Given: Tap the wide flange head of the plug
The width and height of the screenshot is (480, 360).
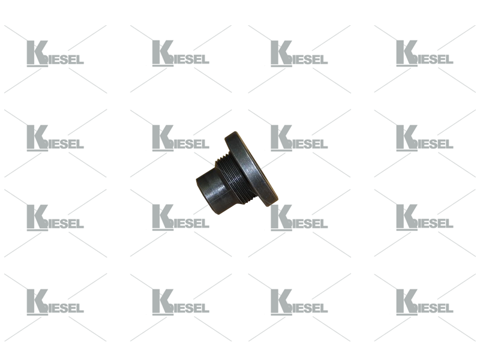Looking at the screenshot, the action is pyautogui.click(x=251, y=169).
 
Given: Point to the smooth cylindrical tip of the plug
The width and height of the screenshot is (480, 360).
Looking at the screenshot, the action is pyautogui.click(x=211, y=191).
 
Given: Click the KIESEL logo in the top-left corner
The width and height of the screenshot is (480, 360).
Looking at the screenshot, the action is pyautogui.click(x=55, y=53).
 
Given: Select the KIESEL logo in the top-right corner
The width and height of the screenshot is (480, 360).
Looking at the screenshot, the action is pyautogui.click(x=425, y=53).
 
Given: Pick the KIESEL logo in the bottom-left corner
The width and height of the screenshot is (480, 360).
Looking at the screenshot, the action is pyautogui.click(x=55, y=302).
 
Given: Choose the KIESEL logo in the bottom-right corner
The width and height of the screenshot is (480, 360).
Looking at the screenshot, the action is pyautogui.click(x=425, y=302).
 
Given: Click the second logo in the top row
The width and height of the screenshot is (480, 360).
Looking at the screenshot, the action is pyautogui.click(x=181, y=53).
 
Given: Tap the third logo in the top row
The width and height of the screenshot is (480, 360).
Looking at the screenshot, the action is pyautogui.click(x=299, y=53).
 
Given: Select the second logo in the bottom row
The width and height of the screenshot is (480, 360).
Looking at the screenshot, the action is pyautogui.click(x=181, y=302).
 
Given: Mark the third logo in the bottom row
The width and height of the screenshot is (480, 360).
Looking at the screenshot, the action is pyautogui.click(x=299, y=302).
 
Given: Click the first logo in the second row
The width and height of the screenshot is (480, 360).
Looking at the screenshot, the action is pyautogui.click(x=55, y=138).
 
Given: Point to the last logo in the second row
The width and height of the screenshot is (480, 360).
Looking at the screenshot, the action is pyautogui.click(x=425, y=138).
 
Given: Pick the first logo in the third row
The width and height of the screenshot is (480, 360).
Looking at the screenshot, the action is pyautogui.click(x=55, y=218).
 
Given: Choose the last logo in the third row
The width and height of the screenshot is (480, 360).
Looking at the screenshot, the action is pyautogui.click(x=425, y=218).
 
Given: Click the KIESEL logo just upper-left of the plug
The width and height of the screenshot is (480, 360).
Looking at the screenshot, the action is pyautogui.click(x=181, y=138).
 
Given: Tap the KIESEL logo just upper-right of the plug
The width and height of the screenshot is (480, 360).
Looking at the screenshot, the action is pyautogui.click(x=299, y=138).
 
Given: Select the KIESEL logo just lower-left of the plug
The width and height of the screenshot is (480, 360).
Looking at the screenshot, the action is pyautogui.click(x=181, y=218).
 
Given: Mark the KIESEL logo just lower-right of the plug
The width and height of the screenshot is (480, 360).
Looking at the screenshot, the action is pyautogui.click(x=299, y=218).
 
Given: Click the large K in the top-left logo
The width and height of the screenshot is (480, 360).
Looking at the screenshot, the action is pyautogui.click(x=36, y=53).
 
